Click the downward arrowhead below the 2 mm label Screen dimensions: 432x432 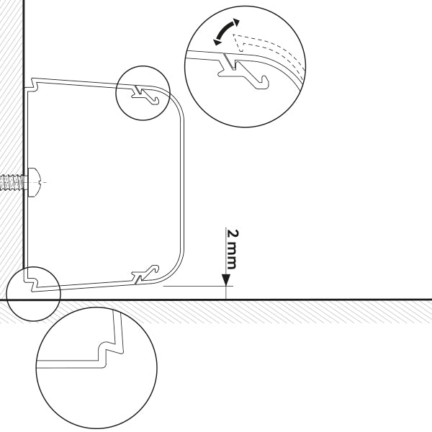click(x=227, y=279)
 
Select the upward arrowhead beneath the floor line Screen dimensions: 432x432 click(x=227, y=302)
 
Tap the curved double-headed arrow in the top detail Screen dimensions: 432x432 click(x=225, y=32)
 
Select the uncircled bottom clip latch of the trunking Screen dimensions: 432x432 click(x=144, y=274)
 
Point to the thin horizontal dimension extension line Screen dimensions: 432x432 click(x=194, y=286)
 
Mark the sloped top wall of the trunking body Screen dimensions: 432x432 click(x=79, y=82)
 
